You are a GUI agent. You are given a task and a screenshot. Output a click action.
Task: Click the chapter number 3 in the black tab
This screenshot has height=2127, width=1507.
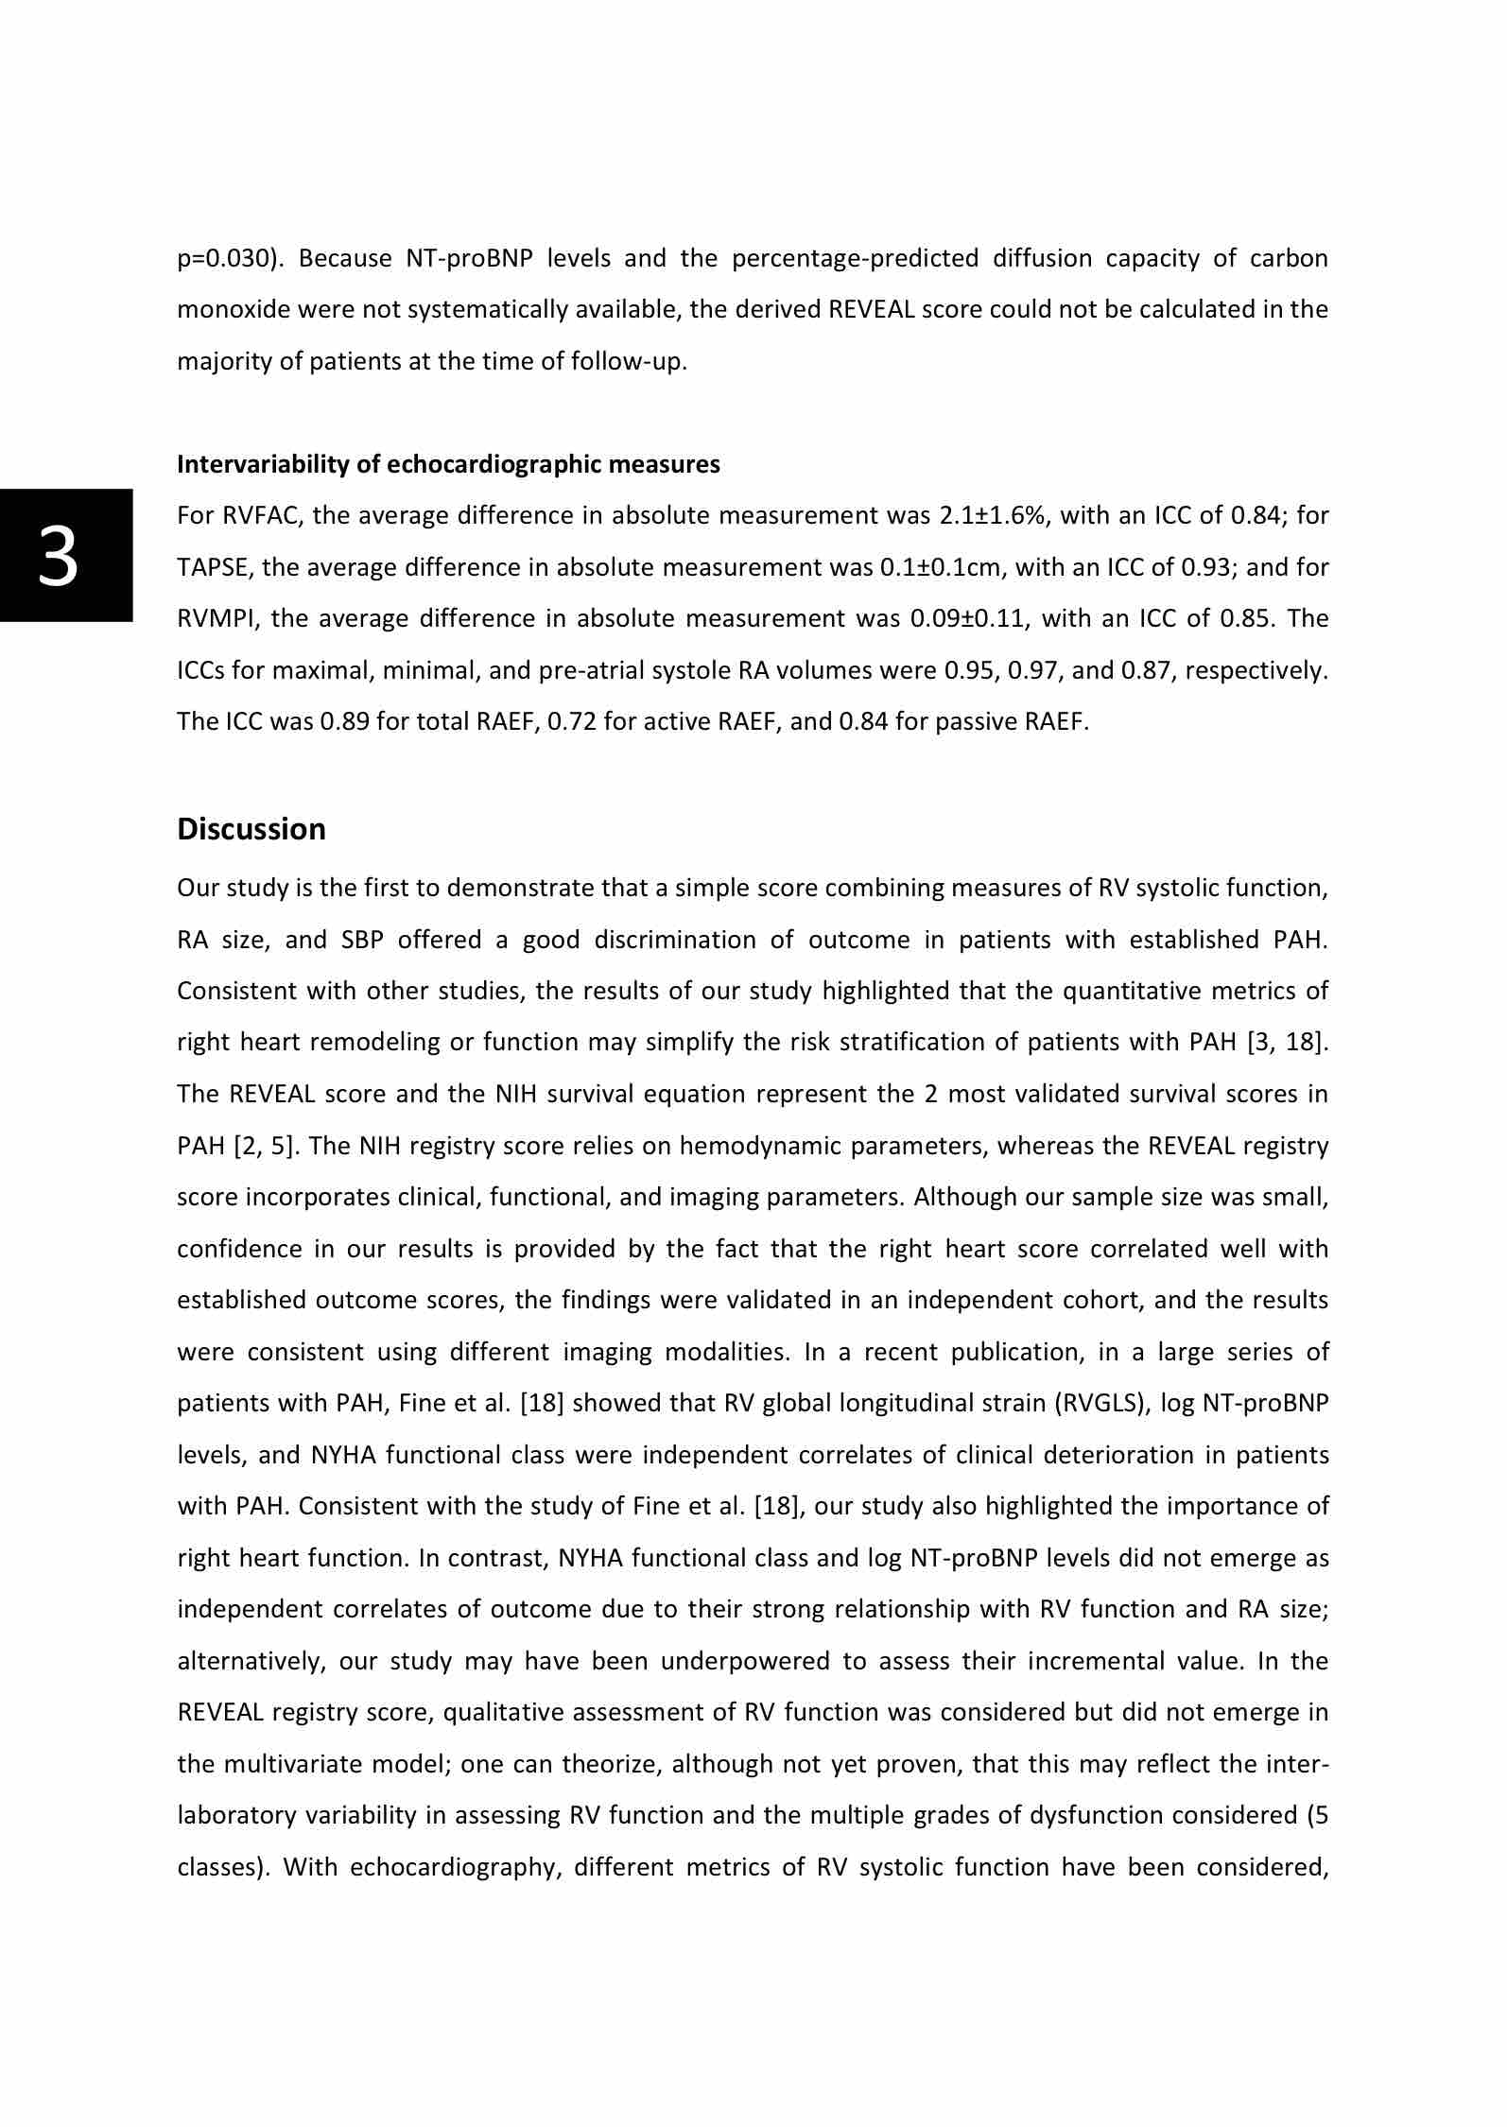[59, 556]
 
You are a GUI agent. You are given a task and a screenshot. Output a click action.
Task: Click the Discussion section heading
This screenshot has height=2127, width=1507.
[251, 829]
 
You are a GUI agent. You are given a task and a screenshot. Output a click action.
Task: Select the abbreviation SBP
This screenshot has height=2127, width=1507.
[363, 940]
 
